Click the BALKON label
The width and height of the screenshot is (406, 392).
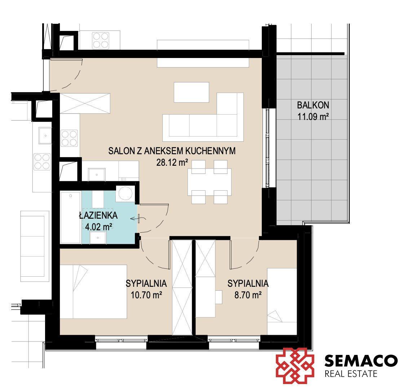click(x=313, y=105)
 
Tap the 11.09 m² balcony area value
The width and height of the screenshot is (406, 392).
click(x=313, y=117)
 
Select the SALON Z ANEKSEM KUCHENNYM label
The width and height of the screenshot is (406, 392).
click(x=172, y=151)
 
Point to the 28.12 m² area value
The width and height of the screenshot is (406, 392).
click(x=172, y=162)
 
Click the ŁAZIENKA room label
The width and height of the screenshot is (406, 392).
click(x=98, y=215)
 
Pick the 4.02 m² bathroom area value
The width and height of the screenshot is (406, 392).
click(x=99, y=227)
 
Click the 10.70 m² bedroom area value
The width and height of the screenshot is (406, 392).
click(x=146, y=295)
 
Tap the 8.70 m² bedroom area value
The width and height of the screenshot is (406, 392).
click(x=248, y=295)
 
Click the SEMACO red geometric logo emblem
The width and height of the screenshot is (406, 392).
click(x=295, y=365)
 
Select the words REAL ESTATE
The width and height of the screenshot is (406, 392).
click(x=350, y=374)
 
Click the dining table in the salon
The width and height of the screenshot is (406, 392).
click(x=209, y=182)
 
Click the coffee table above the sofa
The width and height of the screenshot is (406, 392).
click(x=191, y=92)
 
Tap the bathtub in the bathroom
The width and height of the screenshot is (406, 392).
click(x=70, y=217)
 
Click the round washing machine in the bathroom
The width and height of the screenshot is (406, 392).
click(x=125, y=193)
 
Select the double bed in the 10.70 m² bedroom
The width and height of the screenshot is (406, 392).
click(x=93, y=291)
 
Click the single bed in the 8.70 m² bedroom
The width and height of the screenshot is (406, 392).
click(x=282, y=302)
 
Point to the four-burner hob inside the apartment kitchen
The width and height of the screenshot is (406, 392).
click(x=69, y=138)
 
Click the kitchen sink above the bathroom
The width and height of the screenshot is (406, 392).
click(x=97, y=174)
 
